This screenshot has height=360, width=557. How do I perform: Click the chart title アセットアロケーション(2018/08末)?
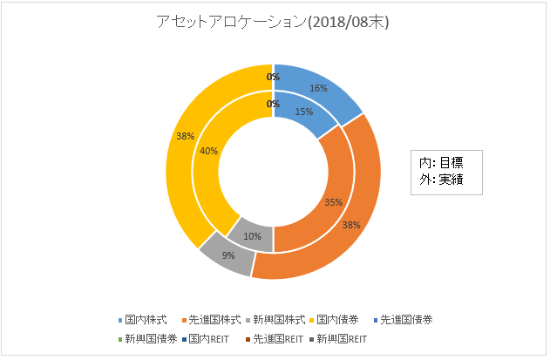tap(272, 24)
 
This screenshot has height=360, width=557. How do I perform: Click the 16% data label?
tap(318, 88)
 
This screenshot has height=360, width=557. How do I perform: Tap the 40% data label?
tap(208, 151)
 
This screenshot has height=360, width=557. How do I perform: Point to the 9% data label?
tap(228, 256)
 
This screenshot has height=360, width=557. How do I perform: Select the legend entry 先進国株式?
tap(213, 320)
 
